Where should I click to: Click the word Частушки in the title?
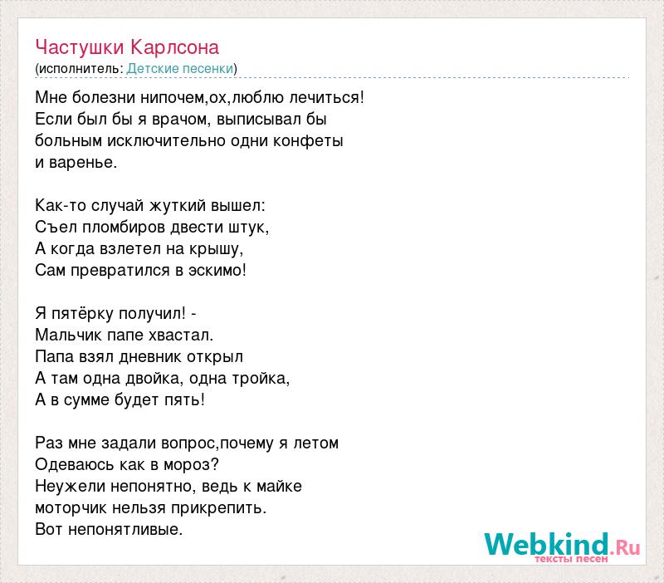(80, 48)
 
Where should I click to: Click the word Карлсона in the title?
(174, 48)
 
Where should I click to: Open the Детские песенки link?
(180, 69)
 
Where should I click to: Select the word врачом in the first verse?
(180, 120)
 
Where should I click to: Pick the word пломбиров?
(124, 228)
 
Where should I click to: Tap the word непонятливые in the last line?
(124, 530)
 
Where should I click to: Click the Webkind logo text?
(562, 544)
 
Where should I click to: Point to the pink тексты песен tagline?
(571, 559)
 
